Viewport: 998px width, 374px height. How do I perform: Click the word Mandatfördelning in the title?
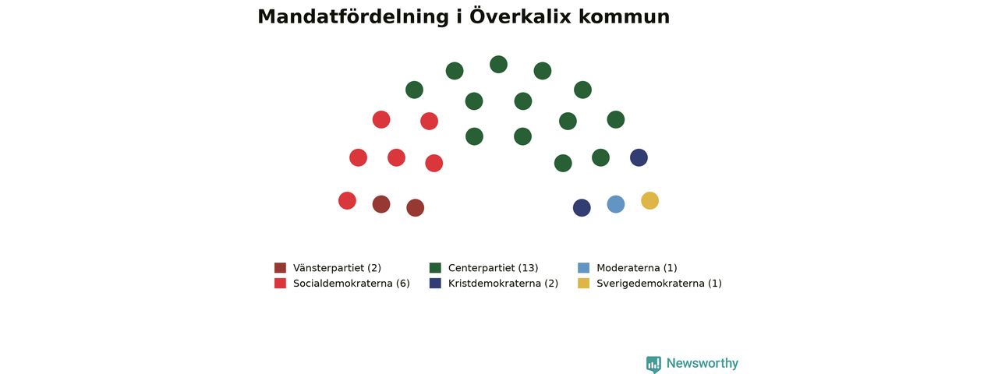353,17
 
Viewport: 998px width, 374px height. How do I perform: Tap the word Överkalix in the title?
520,16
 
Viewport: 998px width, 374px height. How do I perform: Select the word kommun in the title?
625,17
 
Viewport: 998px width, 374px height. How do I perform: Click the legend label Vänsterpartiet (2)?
338,268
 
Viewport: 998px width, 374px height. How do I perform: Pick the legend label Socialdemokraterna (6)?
352,284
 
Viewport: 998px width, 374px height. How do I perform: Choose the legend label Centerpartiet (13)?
494,268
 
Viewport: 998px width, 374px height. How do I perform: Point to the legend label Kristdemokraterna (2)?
503,284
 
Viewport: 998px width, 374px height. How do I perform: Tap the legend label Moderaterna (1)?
637,268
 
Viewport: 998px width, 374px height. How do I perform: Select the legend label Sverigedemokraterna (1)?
660,284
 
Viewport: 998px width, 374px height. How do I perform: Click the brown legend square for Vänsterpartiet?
280,267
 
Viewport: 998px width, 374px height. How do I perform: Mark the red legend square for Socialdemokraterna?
280,283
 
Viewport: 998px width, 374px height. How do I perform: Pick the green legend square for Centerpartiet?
435,267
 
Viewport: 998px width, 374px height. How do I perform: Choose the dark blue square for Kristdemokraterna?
435,283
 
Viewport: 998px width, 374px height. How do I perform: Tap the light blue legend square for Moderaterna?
584,267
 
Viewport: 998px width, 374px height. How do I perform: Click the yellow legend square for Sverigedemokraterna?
584,283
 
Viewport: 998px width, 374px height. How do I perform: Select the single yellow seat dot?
650,201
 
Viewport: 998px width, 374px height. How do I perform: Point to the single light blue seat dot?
616,204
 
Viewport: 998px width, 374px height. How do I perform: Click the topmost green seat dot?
498,65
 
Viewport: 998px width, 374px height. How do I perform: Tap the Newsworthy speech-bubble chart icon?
653,364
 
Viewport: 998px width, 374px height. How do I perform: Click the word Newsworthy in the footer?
702,364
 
